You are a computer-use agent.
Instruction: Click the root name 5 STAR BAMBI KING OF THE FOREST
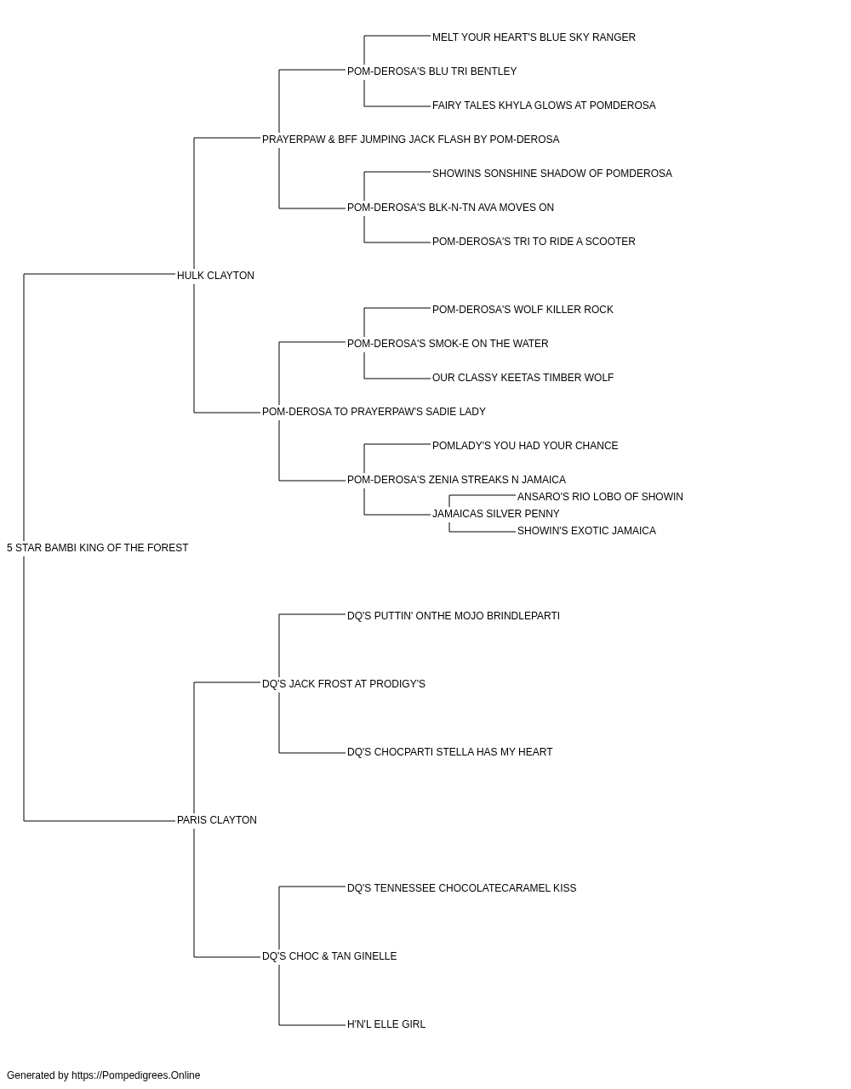click(98, 548)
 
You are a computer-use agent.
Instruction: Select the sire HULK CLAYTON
click(215, 276)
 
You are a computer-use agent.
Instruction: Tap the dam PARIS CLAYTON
click(216, 820)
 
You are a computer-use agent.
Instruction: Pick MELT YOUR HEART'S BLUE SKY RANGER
click(534, 37)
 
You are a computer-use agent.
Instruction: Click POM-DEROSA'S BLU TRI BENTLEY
click(432, 71)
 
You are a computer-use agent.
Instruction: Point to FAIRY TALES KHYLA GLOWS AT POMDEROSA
click(544, 105)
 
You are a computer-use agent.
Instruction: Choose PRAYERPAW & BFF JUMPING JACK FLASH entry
click(410, 140)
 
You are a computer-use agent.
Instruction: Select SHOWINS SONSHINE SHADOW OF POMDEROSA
click(551, 174)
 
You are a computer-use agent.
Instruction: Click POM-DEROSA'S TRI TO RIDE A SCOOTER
click(534, 242)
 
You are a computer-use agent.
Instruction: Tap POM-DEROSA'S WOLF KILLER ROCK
click(523, 310)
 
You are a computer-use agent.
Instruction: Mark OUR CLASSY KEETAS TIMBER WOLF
click(523, 378)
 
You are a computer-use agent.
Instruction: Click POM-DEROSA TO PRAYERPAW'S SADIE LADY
click(374, 412)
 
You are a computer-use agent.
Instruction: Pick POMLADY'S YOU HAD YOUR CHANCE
click(525, 446)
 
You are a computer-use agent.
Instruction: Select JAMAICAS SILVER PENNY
click(495, 514)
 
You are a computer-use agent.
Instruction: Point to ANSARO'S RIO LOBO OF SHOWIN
click(600, 497)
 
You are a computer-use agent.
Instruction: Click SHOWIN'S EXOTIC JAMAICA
click(586, 531)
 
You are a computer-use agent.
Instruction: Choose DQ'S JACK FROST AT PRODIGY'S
click(343, 684)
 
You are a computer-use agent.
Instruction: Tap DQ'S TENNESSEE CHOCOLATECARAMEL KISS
click(461, 888)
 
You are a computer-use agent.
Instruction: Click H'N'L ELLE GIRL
click(386, 1024)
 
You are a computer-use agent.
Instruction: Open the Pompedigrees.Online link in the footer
click(136, 1075)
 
